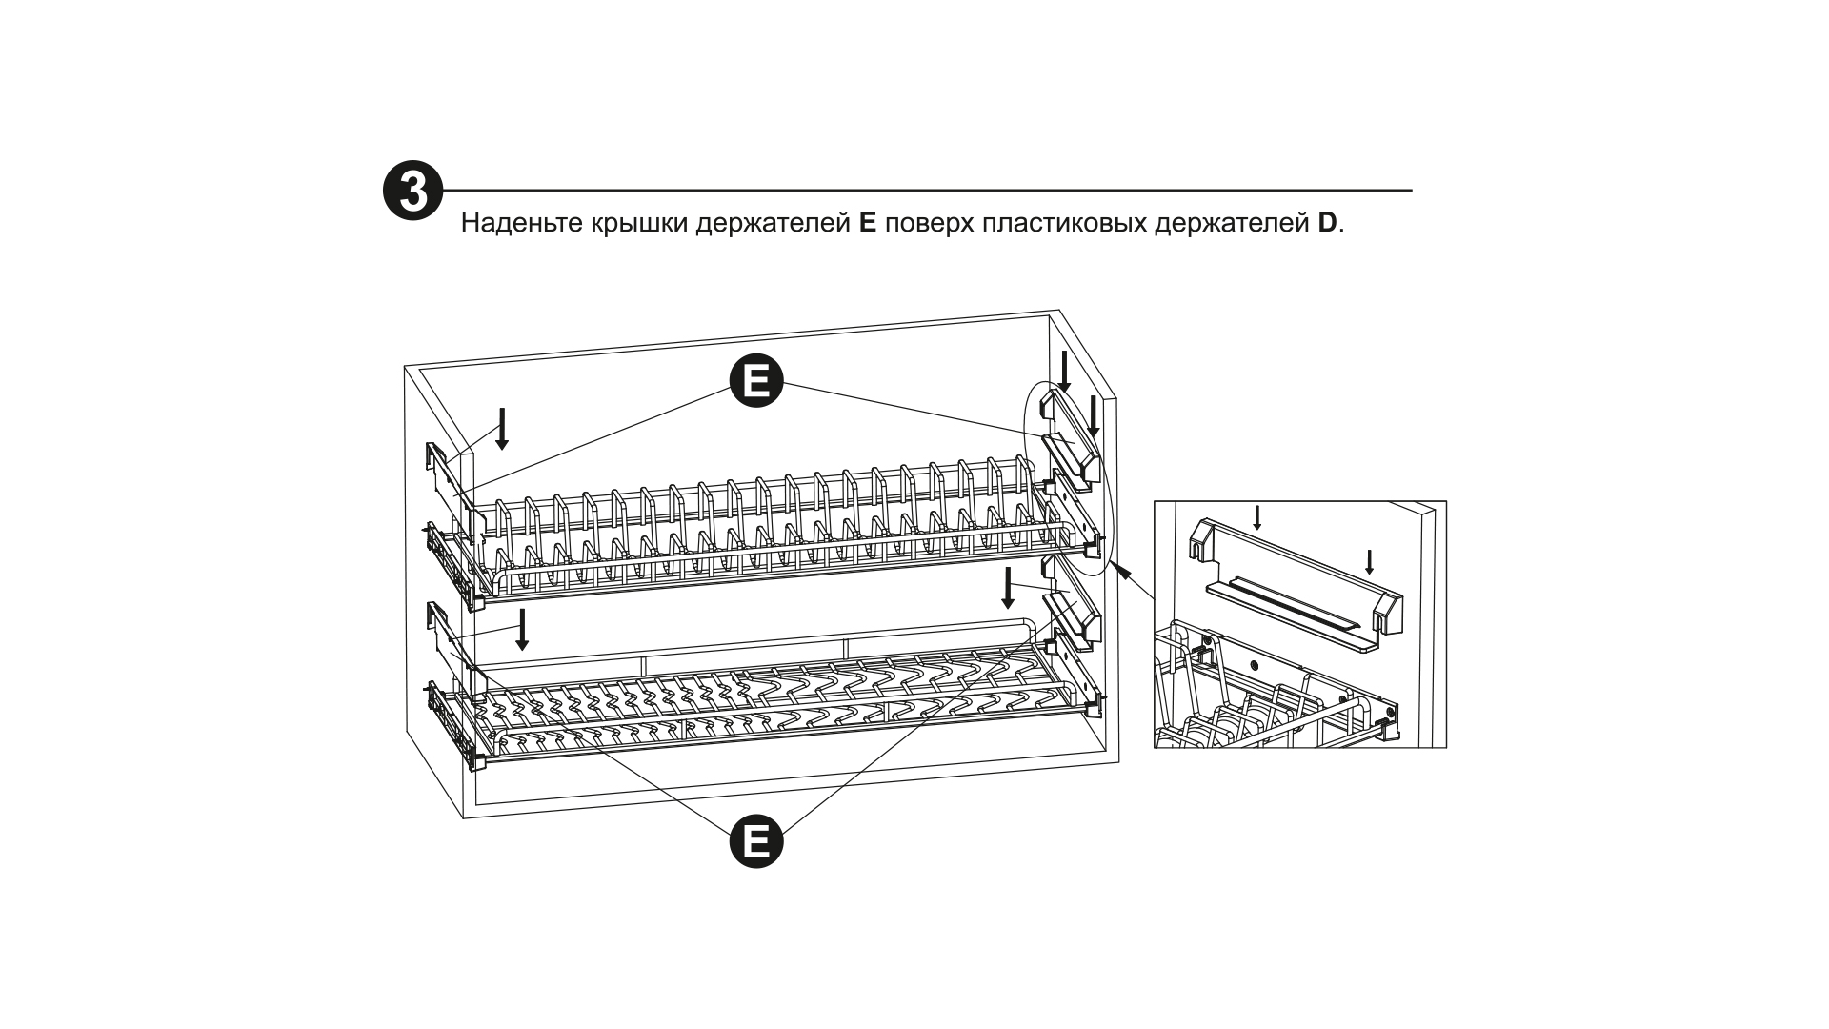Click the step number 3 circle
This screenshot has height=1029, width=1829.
pyautogui.click(x=412, y=192)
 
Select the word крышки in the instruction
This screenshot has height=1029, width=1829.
pyautogui.click(x=637, y=225)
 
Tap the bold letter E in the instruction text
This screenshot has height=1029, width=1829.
pyautogui.click(x=866, y=224)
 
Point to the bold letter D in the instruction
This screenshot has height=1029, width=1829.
pyautogui.click(x=1328, y=224)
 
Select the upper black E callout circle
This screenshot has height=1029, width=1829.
pyautogui.click(x=756, y=382)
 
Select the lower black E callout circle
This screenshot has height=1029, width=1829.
pyautogui.click(x=756, y=841)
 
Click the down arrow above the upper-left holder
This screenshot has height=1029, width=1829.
pyautogui.click(x=502, y=429)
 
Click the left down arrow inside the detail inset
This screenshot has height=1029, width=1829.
pyautogui.click(x=1257, y=518)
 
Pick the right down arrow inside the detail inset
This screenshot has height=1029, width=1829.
pyautogui.click(x=1369, y=562)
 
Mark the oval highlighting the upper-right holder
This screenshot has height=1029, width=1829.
pyautogui.click(x=1067, y=476)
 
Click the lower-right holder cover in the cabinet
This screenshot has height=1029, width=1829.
pyautogui.click(x=1075, y=617)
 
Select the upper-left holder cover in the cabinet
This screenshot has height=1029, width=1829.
pyautogui.click(x=448, y=481)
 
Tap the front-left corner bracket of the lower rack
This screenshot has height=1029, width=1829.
pyautogui.click(x=479, y=761)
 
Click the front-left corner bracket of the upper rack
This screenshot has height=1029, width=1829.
pyautogui.click(x=479, y=601)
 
